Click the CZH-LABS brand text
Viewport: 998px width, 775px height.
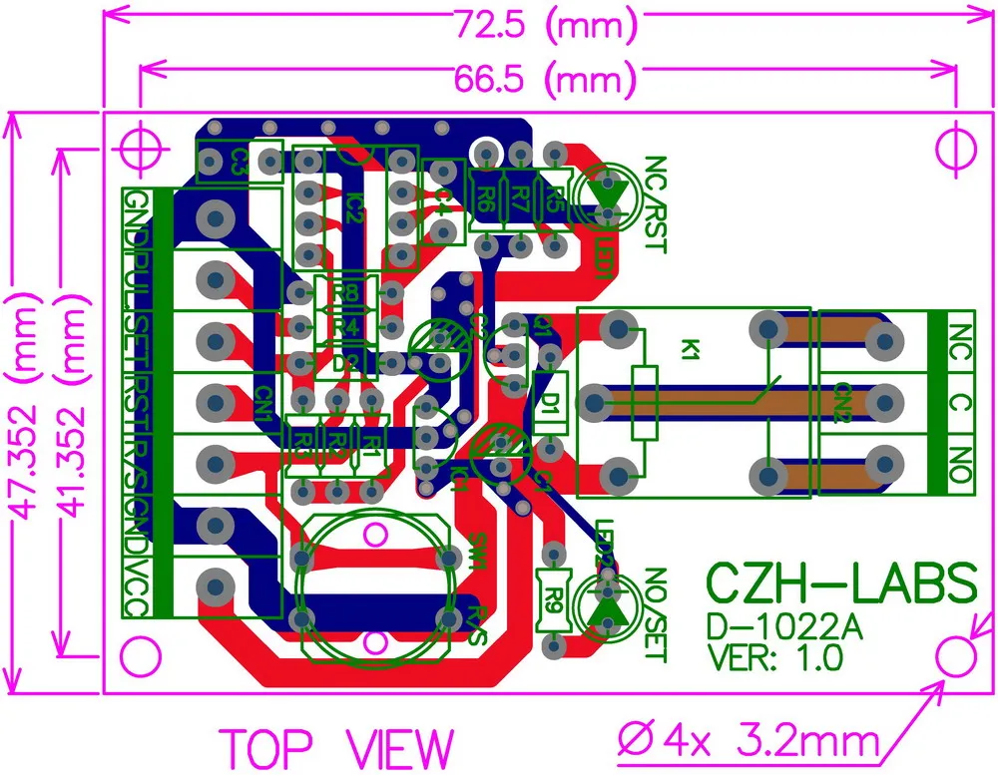[841, 583]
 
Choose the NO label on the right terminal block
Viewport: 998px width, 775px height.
[960, 465]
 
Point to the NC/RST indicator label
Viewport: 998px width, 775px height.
[654, 203]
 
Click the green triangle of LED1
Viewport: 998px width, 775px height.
[606, 189]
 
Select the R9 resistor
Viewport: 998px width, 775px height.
[552, 598]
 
